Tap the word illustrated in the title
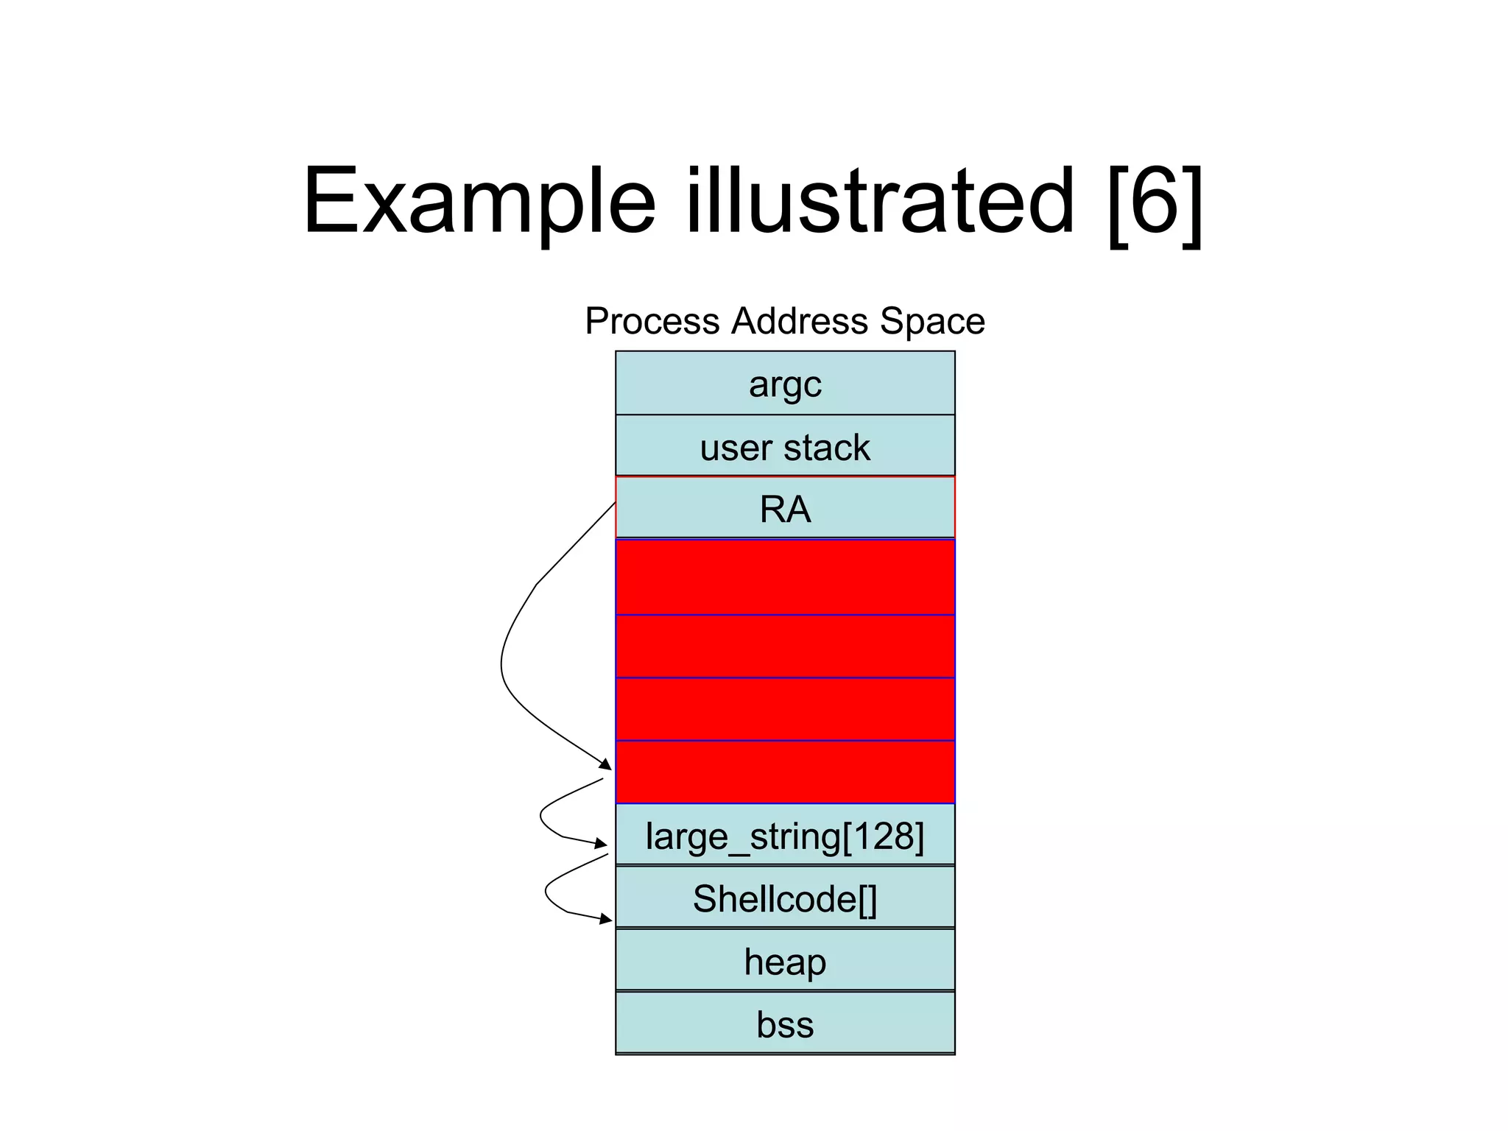click(x=880, y=200)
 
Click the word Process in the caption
click(x=652, y=321)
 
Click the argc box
click(x=785, y=384)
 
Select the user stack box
click(x=785, y=446)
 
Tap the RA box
click(x=785, y=508)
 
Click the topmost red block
click(x=785, y=577)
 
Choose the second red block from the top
click(x=785, y=646)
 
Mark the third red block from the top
click(x=785, y=708)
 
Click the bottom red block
click(x=785, y=772)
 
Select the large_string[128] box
click(x=785, y=835)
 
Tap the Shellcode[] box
click(x=785, y=898)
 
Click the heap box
click(x=785, y=960)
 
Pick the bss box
click(x=785, y=1023)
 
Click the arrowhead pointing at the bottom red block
click(x=606, y=765)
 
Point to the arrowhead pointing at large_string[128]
click(x=602, y=844)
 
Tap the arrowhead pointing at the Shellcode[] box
click(x=606, y=919)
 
